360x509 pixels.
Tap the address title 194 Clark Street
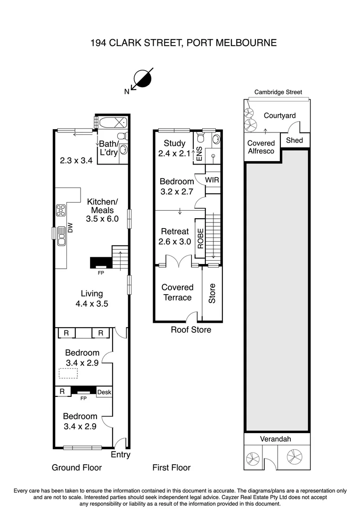183,43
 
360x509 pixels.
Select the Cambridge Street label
278,92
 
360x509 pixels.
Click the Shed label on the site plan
295,140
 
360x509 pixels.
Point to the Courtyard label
279,115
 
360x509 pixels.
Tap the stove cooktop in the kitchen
61,210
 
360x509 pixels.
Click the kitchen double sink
61,237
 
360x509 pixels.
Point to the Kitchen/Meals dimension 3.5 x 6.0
102,219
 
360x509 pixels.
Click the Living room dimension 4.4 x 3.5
92,304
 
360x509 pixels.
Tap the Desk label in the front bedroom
104,392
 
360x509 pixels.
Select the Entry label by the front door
120,455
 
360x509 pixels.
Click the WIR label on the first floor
212,181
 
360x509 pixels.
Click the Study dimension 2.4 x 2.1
174,153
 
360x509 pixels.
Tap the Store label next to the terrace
212,293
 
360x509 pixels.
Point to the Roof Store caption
191,330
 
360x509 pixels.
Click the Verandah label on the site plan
276,439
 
